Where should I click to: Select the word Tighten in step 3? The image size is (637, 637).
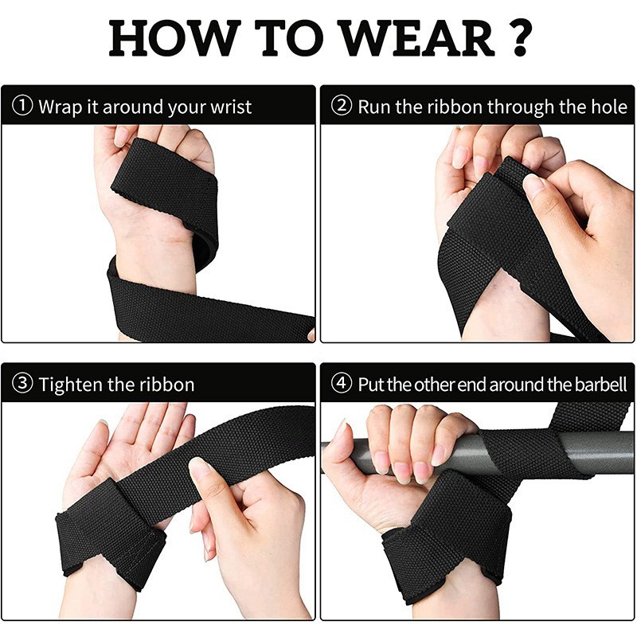71,385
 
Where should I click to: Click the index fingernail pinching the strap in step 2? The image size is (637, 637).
533,185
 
